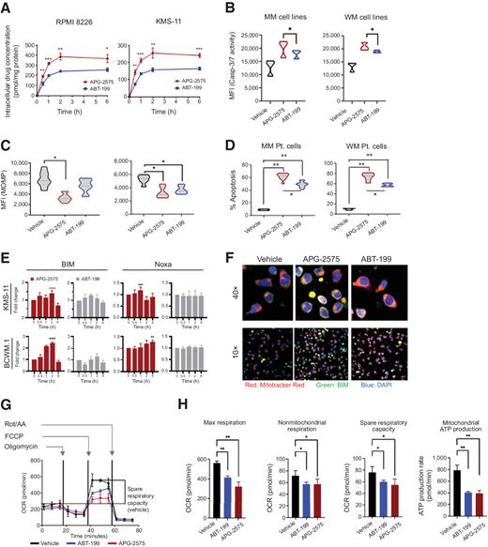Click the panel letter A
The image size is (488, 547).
coord(8,8)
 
